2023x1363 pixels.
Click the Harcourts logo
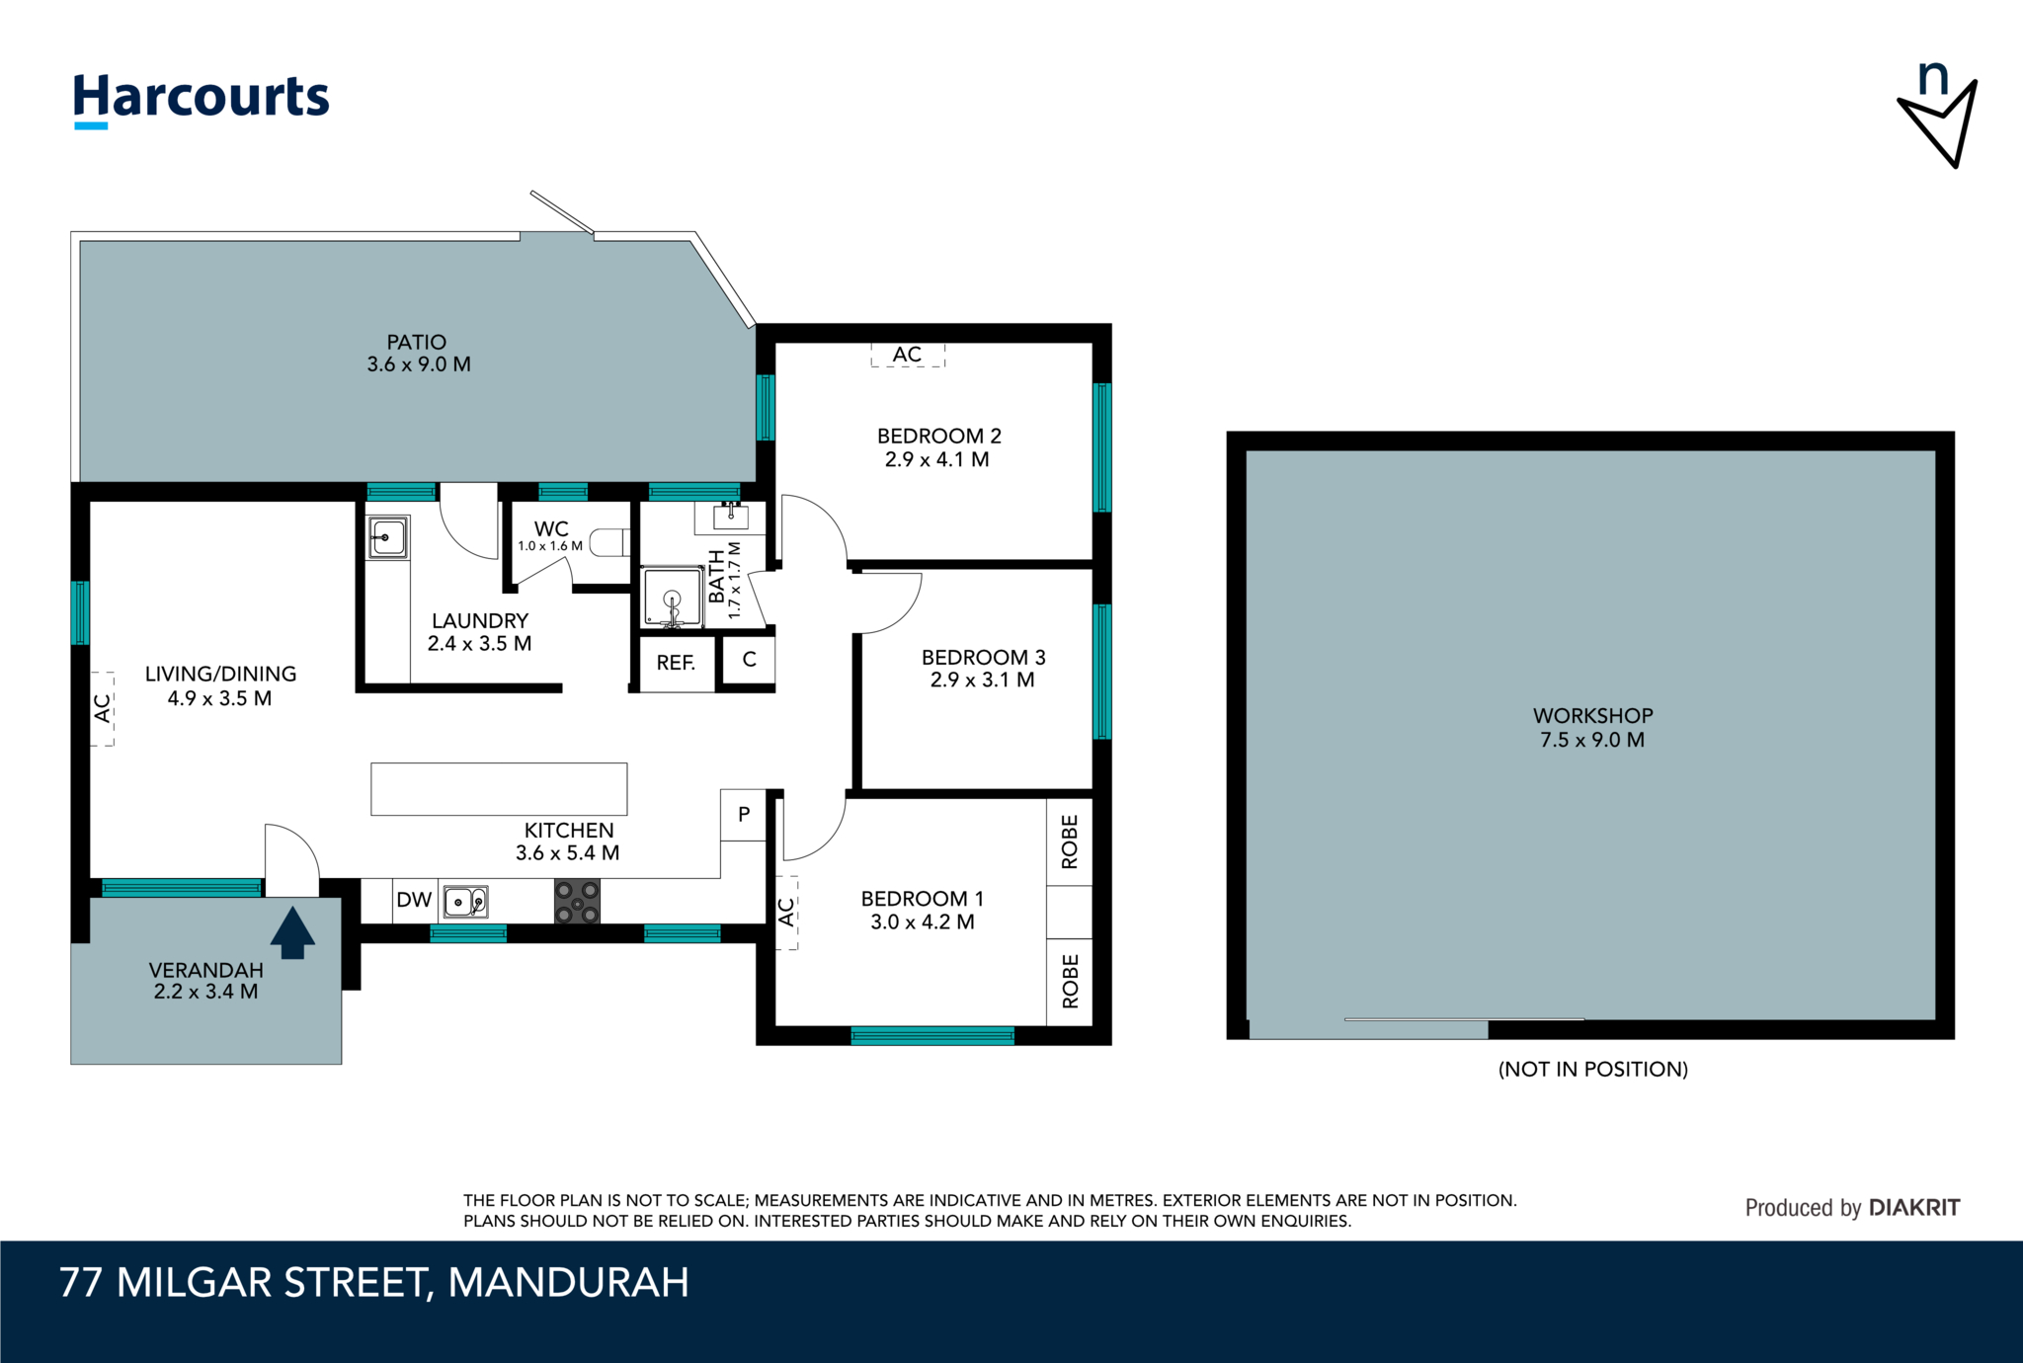202,99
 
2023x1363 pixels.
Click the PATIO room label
417,343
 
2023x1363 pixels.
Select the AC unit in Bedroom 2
908,355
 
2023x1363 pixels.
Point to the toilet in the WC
609,542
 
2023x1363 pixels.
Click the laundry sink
387,538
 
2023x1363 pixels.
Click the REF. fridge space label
676,663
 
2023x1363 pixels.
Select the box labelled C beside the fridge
749,660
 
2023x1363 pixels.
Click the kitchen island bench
499,788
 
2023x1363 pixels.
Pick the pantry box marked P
744,815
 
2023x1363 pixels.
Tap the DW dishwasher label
414,900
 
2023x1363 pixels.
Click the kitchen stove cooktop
577,901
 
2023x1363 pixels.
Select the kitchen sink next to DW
465,902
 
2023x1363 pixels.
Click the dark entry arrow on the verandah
292,933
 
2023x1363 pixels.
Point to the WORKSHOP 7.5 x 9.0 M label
1592,728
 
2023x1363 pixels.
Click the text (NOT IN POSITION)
1592,1069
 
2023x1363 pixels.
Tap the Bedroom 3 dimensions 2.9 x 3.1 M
982,681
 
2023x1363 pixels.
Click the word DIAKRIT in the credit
1913,1208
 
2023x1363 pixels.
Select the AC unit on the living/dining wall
103,708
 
